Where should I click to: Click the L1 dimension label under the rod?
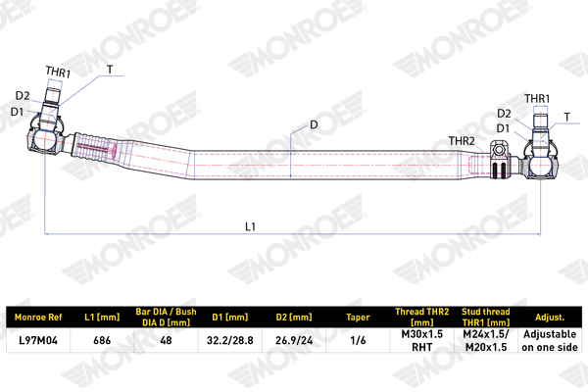250,226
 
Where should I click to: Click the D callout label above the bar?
314,124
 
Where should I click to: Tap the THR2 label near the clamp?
462,141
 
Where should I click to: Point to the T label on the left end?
110,70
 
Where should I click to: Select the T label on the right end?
567,117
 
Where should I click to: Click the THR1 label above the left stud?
58,72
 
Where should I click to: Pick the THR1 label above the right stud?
537,99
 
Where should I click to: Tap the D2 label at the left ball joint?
23,96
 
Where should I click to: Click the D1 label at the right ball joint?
504,128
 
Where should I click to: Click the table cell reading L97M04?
38,340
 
